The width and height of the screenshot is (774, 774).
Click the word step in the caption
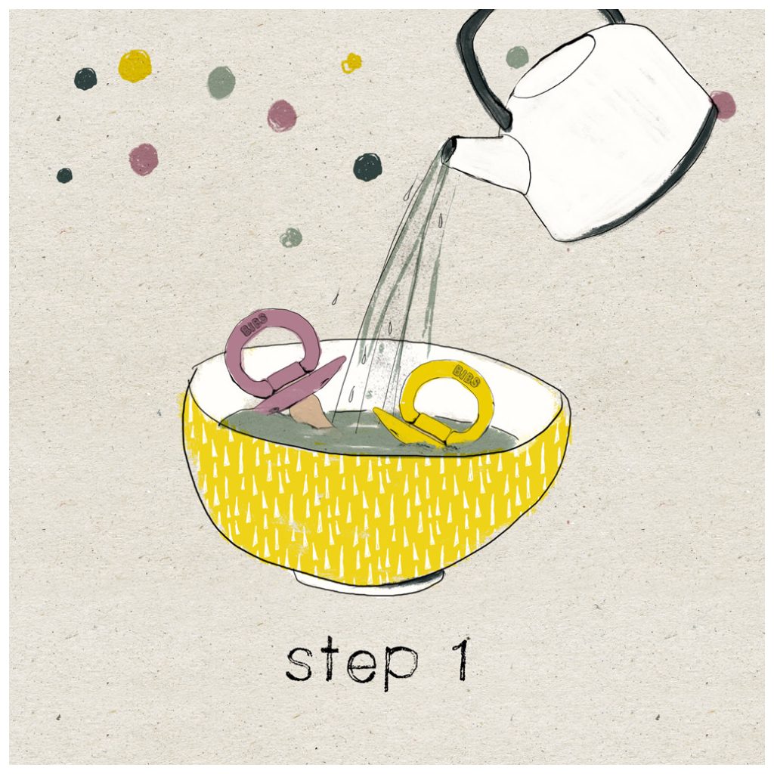pos(351,664)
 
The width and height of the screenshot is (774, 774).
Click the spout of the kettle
pos(486,159)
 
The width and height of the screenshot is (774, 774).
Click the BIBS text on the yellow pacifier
pos(466,375)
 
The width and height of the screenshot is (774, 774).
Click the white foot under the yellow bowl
pos(368,580)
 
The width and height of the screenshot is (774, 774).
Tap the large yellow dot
pos(135,66)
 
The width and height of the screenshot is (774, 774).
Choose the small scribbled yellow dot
pos(351,63)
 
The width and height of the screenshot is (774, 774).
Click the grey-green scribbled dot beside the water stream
pos(291,237)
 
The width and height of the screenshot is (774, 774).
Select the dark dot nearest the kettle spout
pos(368,167)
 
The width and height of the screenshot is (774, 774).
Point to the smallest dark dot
pos(64,175)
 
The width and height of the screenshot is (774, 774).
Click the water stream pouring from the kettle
pos(395,277)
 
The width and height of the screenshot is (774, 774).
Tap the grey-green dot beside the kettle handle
pos(517,57)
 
